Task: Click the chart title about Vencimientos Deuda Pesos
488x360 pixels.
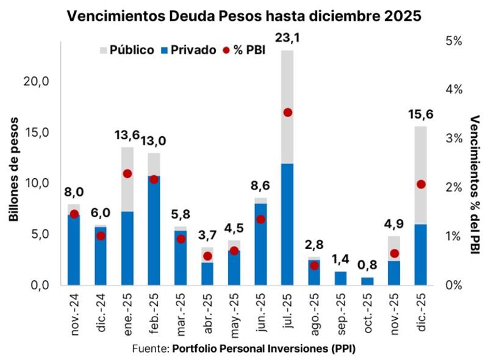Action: pyautogui.click(x=244, y=16)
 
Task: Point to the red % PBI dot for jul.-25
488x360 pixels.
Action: pyautogui.click(x=288, y=112)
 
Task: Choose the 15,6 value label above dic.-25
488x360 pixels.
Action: pyautogui.click(x=421, y=114)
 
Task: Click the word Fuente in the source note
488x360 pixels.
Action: pyautogui.click(x=150, y=348)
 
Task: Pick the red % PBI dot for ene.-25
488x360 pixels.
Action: pyautogui.click(x=127, y=174)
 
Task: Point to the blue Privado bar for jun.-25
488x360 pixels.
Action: pyautogui.click(x=261, y=244)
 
